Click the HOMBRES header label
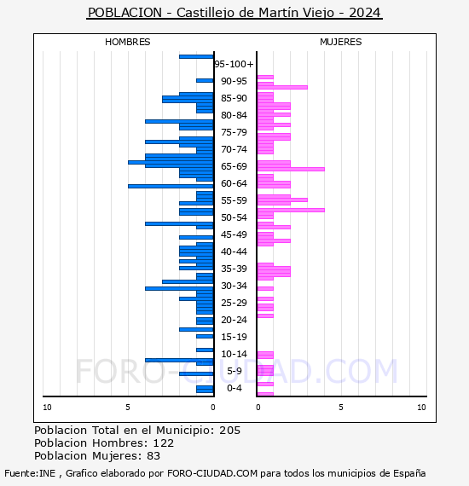coord(127,42)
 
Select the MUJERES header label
coord(341,42)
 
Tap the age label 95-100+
coord(234,64)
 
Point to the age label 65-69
coord(234,166)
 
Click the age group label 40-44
coord(234,252)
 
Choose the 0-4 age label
coord(234,388)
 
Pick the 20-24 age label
coord(234,320)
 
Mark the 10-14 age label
coord(234,354)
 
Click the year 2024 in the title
coord(364,13)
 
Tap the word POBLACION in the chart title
coord(124,13)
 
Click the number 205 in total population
coord(229,431)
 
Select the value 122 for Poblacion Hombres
coord(164,443)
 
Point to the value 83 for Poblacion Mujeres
coord(153,455)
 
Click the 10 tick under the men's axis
coord(47,408)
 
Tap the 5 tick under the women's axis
coord(341,408)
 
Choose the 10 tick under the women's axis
coord(421,408)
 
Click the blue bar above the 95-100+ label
coord(196,57)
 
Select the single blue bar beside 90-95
coord(205,81)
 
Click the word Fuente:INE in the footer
coord(30,473)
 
